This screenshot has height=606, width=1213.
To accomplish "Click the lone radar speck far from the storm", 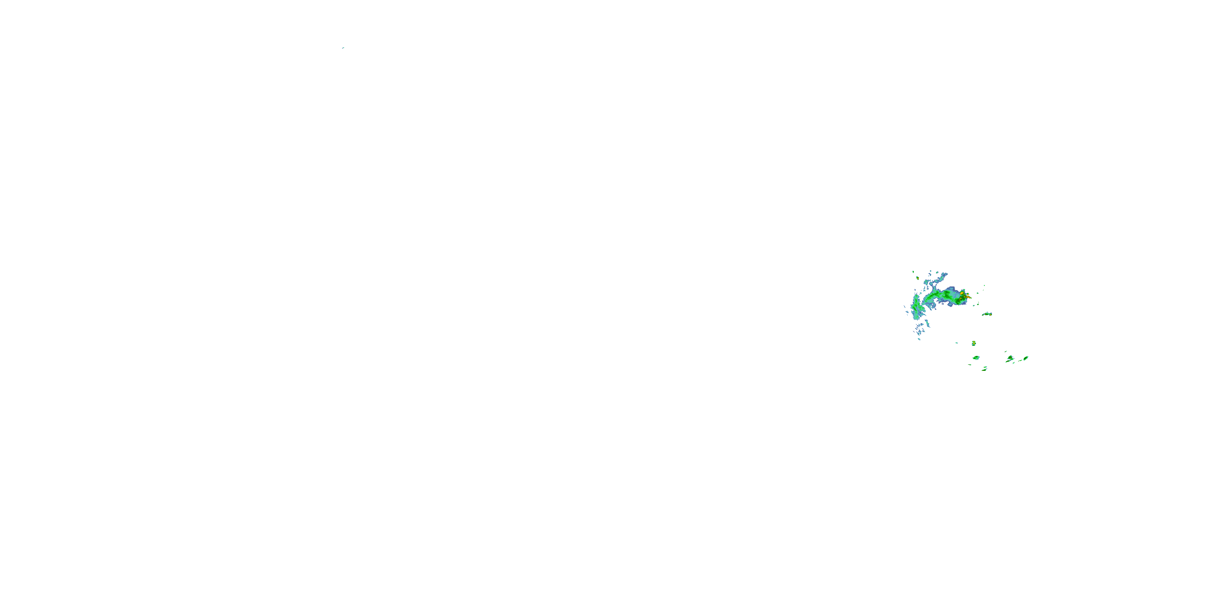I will click(x=343, y=48).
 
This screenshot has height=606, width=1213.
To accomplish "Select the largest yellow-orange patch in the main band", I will click(x=962, y=294).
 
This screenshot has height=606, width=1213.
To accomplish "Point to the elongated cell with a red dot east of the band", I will click(x=987, y=314).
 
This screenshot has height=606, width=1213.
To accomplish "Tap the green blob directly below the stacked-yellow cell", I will click(x=976, y=358).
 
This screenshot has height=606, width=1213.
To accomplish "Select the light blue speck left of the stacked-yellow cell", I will click(x=956, y=343).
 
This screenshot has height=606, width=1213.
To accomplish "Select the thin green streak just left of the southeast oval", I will click(x=1021, y=360).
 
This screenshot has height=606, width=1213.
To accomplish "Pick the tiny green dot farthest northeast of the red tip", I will click(x=984, y=285).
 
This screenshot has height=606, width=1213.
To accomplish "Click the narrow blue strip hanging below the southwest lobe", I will click(x=927, y=323).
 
